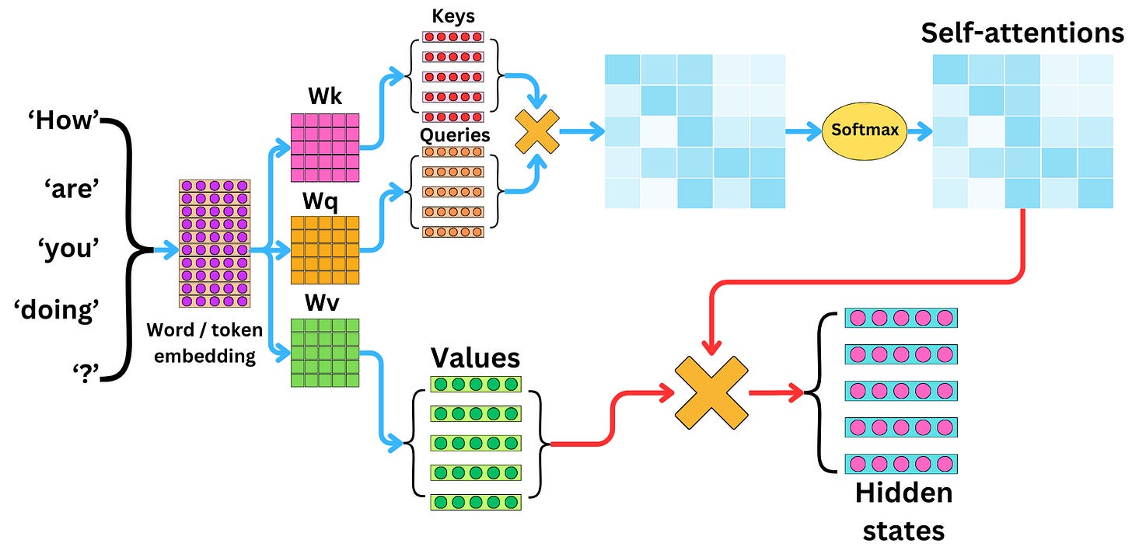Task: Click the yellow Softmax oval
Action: pos(865,131)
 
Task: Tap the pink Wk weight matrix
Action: pos(324,147)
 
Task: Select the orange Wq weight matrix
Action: pos(324,250)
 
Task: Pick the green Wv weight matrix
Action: pos(324,353)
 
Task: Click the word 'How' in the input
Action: pos(65,123)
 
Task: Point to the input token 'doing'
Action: pos(54,311)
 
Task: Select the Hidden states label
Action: pos(903,511)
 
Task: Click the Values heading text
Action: pos(475,357)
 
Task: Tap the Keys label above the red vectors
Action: pos(452,16)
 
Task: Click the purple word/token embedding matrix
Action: pos(215,243)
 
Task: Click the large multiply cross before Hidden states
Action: pos(711,392)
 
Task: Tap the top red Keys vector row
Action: pos(452,37)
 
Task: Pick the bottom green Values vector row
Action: pos(476,501)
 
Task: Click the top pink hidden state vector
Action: pos(900,318)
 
